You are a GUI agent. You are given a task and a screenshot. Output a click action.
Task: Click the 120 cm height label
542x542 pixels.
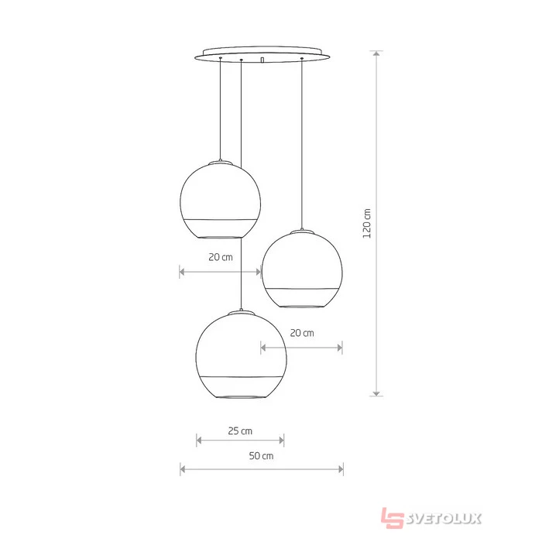point(367,223)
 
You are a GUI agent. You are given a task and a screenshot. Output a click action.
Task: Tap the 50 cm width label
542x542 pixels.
point(262,455)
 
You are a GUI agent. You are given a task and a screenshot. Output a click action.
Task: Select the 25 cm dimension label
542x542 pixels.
point(240,431)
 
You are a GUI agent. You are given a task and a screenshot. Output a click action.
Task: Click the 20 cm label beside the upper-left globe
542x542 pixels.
point(221,257)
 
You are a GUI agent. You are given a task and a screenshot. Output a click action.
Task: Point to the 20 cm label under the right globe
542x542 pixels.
point(302,333)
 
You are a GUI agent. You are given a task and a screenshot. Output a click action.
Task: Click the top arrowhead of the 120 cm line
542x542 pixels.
point(376,53)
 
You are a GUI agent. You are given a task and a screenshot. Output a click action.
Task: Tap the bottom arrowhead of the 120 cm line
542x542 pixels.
point(376,393)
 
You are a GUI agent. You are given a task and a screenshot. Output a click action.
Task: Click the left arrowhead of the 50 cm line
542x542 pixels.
point(183,469)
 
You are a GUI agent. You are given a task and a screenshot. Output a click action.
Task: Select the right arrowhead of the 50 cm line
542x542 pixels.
point(341,469)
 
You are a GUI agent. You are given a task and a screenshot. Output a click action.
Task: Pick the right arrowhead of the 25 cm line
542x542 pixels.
point(281,440)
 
